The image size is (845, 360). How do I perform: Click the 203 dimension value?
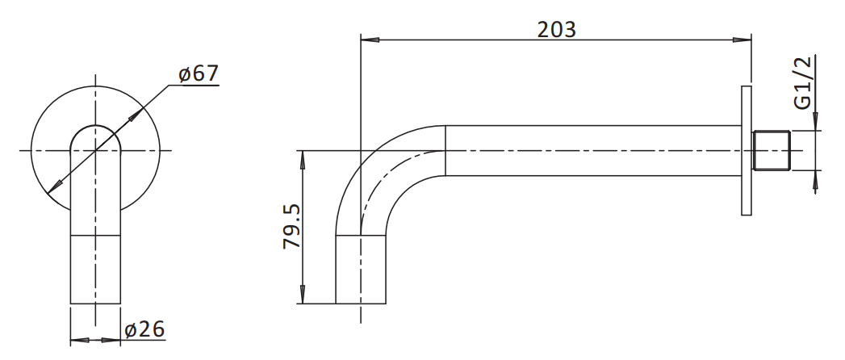point(557,30)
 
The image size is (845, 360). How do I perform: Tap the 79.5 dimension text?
point(292,226)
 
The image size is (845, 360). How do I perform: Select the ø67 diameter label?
point(199,73)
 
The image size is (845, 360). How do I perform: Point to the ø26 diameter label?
point(144,329)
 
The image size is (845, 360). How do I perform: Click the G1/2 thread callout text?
point(802,83)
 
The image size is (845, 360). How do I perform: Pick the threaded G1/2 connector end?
point(772,150)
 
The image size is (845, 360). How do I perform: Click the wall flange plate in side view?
point(747,150)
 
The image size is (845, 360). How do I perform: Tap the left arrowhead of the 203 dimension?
point(370,40)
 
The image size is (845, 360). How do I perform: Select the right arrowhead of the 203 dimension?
point(742,40)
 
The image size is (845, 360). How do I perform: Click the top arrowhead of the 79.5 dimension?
point(303,160)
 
